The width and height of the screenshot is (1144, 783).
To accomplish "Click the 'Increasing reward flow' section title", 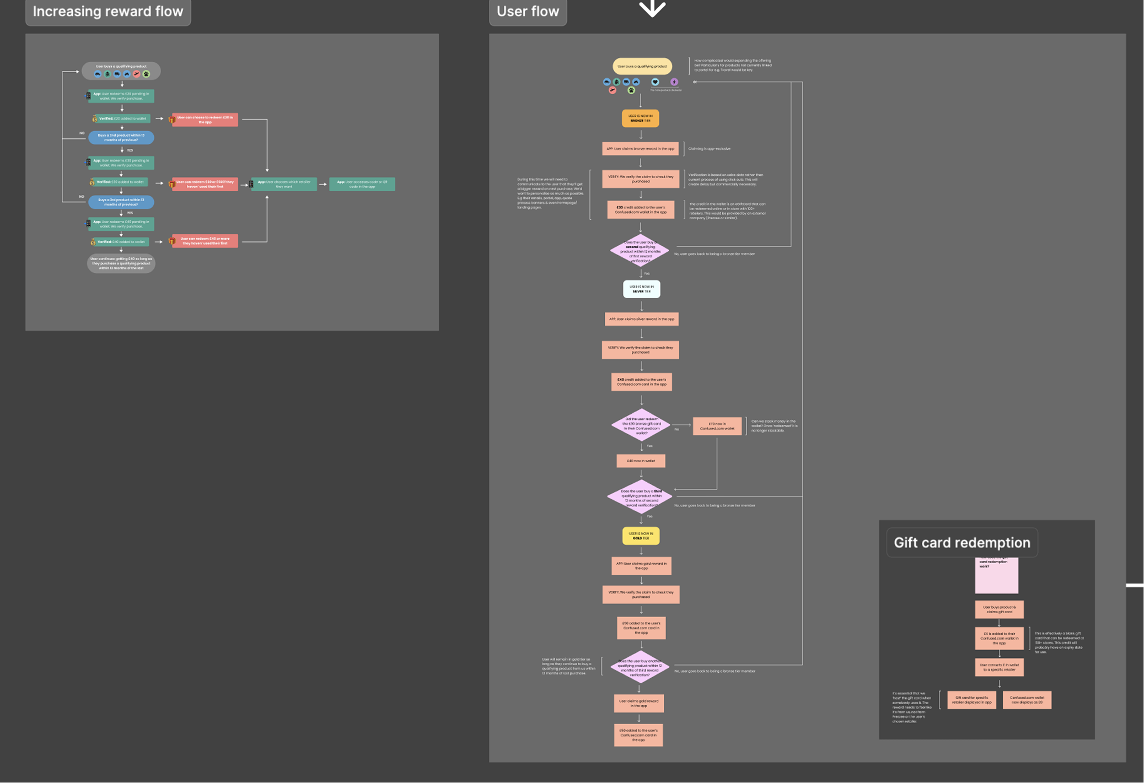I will tap(108, 12).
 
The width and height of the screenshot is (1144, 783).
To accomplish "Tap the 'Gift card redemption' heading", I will tap(962, 543).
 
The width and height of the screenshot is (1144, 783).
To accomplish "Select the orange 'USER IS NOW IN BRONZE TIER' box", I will tap(640, 118).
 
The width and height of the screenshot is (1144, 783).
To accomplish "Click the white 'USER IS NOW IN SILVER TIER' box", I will tap(641, 289).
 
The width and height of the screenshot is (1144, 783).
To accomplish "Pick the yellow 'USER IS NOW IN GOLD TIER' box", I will tap(641, 536).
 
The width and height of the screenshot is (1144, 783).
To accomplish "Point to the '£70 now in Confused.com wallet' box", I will tap(717, 426).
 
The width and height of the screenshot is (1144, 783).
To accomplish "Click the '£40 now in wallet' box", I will tap(641, 461).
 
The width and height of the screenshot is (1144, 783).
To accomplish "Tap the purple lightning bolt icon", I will tap(674, 82).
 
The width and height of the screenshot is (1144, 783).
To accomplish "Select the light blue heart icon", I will tap(655, 82).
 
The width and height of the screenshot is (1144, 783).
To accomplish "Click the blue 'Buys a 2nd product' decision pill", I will tap(121, 137).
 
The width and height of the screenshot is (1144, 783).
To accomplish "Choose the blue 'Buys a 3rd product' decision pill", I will tap(121, 202).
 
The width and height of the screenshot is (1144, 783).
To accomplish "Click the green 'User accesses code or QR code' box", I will tap(362, 184).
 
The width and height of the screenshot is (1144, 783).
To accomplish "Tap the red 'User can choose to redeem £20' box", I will tap(205, 120).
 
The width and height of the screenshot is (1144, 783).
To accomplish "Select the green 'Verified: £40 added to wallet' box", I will tap(121, 242).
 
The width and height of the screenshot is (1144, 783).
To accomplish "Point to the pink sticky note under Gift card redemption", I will tap(996, 576).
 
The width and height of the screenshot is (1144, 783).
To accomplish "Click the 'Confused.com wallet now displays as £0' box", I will tap(1027, 700).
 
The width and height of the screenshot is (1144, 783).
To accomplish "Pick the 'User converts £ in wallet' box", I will tap(999, 667).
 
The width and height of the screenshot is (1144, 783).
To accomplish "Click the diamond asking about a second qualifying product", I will tap(640, 251).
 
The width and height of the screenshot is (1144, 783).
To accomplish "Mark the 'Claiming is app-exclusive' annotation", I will tap(709, 149).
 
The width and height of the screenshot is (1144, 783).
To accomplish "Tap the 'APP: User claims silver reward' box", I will tap(641, 319).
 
